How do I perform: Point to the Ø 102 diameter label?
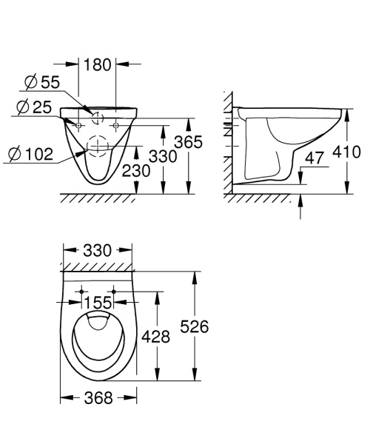(x=32, y=154)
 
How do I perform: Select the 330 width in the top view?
(x=98, y=252)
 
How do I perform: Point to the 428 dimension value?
(x=156, y=337)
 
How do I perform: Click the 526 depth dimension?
(x=194, y=326)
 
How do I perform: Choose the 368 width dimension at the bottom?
(x=98, y=398)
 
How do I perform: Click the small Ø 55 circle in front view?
(x=97, y=117)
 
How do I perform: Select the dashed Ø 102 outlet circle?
(x=97, y=144)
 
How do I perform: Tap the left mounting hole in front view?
(x=78, y=126)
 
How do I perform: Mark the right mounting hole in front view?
(x=115, y=126)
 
